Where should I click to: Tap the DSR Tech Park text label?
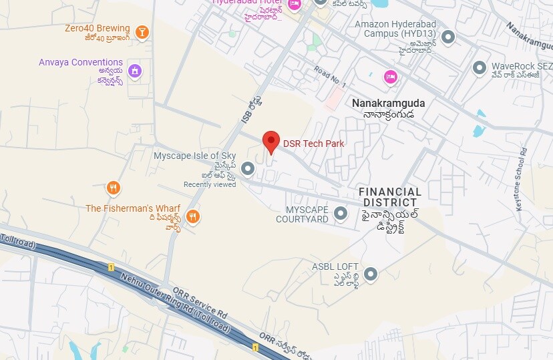[x=314, y=144]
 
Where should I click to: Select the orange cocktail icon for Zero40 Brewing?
[x=142, y=31]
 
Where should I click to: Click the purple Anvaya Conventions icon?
[x=135, y=70]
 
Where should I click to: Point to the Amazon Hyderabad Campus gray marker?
[x=448, y=37]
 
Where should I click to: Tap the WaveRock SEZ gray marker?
[x=479, y=67]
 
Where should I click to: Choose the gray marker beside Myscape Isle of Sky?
[x=248, y=169]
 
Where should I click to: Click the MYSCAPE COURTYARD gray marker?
[x=341, y=214]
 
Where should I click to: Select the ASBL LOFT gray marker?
[x=370, y=274]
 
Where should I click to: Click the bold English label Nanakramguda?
[x=388, y=104]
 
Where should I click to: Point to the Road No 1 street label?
[x=329, y=77]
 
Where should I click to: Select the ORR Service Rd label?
[x=200, y=301]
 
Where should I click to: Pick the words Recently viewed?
[x=210, y=184]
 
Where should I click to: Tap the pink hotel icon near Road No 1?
[x=390, y=77]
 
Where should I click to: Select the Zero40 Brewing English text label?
[x=97, y=29]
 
